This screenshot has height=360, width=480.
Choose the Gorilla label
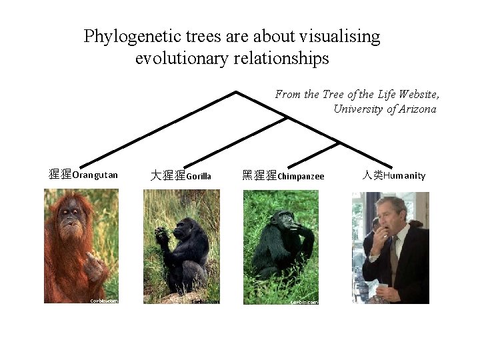point(199,176)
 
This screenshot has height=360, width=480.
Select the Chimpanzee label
point(301,176)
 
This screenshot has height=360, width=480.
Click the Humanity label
point(404,175)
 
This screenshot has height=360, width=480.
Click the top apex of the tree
point(237,91)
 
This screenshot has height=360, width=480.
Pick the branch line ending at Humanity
point(370,159)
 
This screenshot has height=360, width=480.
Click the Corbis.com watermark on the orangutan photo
point(104,301)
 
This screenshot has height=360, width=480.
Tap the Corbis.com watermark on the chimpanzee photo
point(304,301)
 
